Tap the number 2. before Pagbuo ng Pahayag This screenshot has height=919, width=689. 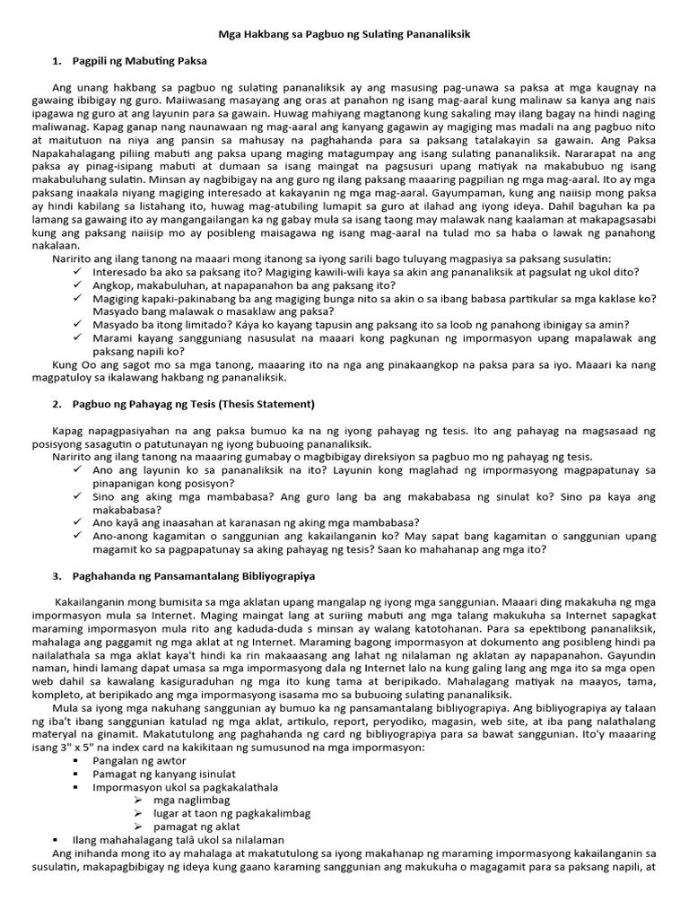(x=57, y=404)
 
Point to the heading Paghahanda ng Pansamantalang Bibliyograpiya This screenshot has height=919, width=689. (x=194, y=575)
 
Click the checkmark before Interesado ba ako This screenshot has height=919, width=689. (x=80, y=271)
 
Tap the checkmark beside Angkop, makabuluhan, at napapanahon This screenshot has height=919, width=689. (x=80, y=284)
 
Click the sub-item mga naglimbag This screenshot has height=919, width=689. (x=192, y=800)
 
